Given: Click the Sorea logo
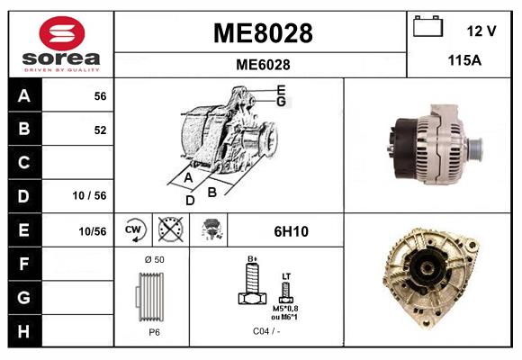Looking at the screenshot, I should point(61,44).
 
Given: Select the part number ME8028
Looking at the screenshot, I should point(262,33).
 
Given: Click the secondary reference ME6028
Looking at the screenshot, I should point(262,64).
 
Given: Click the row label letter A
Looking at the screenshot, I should point(23,95).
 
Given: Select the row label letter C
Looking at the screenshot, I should point(23,163).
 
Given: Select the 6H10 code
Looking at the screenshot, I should point(291,231).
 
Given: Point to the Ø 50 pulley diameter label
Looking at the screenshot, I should point(154,259).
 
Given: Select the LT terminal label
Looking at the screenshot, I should point(286,274).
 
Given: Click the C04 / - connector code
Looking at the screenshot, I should point(265,330).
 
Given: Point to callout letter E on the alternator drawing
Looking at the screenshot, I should point(281,89).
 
